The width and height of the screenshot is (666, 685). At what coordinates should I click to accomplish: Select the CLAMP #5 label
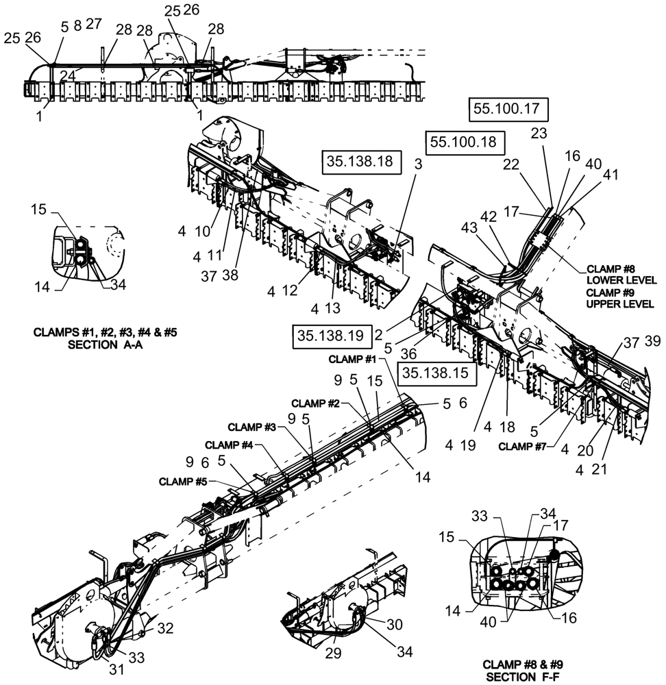pyautogui.click(x=182, y=480)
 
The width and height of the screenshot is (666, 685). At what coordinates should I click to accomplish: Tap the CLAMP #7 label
pyautogui.click(x=528, y=447)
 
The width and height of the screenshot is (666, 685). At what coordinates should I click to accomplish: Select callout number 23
pyautogui.click(x=539, y=135)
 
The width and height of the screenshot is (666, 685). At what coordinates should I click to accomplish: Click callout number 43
pyautogui.click(x=470, y=227)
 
